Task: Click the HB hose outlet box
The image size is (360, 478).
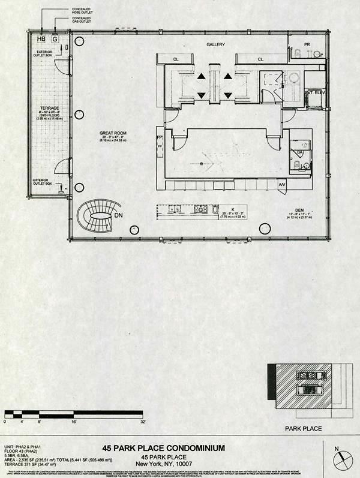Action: click(x=41, y=38)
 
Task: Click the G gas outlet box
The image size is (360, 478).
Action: click(x=55, y=38)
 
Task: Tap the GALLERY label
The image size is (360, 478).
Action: click(x=215, y=45)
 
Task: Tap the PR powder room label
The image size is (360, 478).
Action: click(x=307, y=45)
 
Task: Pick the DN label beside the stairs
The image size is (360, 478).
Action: click(x=119, y=215)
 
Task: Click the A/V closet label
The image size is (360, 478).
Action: click(x=282, y=184)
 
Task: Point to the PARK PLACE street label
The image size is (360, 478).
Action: click(x=303, y=428)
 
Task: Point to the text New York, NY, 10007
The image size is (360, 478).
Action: click(x=163, y=464)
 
